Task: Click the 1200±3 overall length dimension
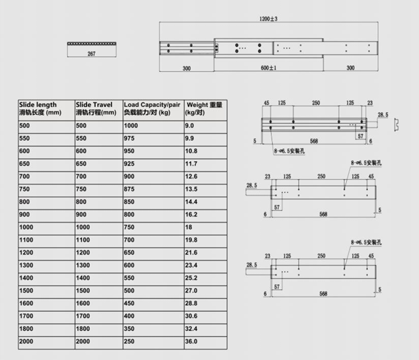pos(269,18)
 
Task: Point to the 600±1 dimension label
pos(269,68)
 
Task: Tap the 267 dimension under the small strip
pos(92,54)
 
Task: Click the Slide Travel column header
pos(96,108)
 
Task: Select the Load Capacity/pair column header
pos(152,108)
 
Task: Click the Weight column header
pos(204,108)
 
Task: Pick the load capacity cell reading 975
pos(129,138)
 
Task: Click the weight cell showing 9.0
pos(189,126)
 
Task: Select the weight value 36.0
pos(191,342)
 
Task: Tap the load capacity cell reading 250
pos(129,342)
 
